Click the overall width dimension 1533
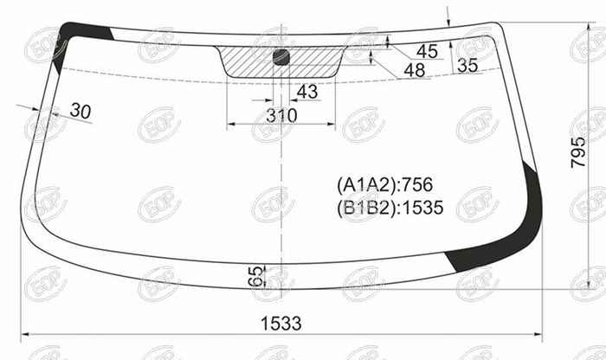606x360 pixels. coord(281,324)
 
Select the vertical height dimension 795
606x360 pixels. coord(578,152)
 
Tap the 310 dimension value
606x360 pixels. coord(281,115)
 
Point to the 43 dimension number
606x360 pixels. coord(307,92)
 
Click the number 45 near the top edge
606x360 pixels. coord(427,51)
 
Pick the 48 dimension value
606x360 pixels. coord(415,70)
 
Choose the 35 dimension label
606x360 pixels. coord(467,66)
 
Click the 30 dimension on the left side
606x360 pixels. coord(81,112)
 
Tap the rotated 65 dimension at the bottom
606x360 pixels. coord(255,276)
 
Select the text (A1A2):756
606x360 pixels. coord(385,184)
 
